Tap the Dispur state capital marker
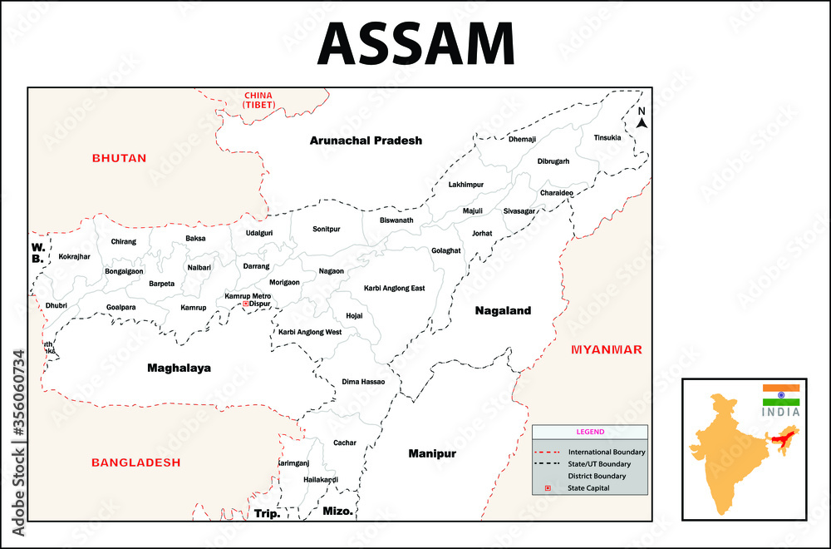coord(246,304)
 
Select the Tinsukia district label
coord(607,138)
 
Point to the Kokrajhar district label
coord(74,257)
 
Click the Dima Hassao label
coord(363,382)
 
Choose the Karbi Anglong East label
coord(394,289)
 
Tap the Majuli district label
coord(472,211)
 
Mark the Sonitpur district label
coord(327,229)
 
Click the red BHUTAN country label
coord(119,158)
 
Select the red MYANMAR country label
coord(606,349)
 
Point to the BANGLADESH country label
coord(135,462)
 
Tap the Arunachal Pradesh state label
coord(366,141)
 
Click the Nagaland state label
coord(503,311)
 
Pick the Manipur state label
coord(432,454)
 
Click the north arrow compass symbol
coord(642,119)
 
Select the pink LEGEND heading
coord(590,433)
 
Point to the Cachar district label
coord(344,443)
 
